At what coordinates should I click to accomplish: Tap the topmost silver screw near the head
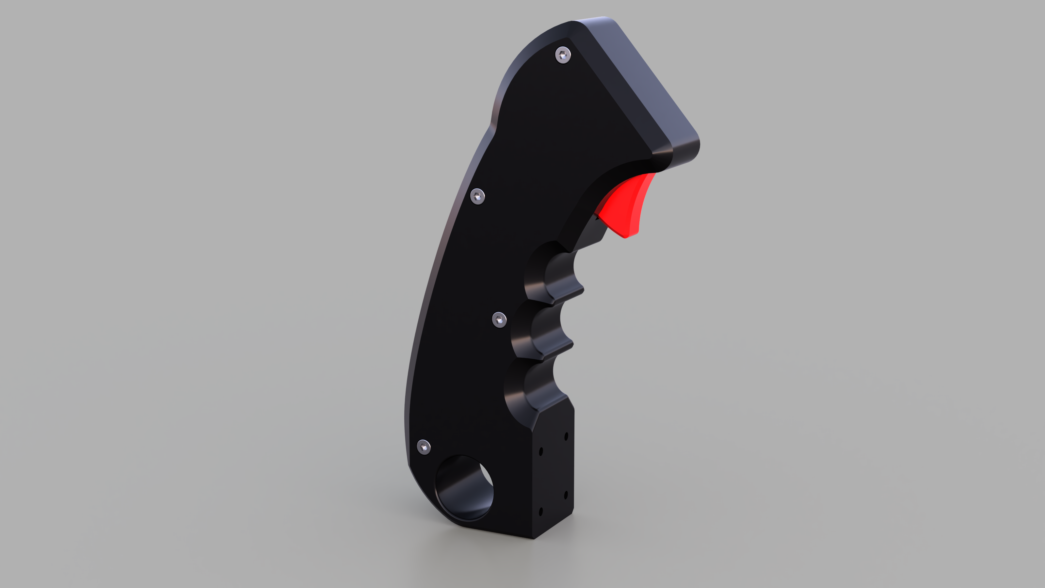click(x=563, y=55)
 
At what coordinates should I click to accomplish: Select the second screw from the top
click(x=477, y=196)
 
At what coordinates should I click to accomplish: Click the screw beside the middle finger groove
click(x=499, y=320)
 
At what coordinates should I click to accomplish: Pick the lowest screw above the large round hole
click(x=424, y=447)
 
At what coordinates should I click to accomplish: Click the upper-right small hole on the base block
click(x=566, y=436)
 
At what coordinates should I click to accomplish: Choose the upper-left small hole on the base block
click(x=541, y=451)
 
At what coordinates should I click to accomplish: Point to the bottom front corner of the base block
click(x=534, y=538)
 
